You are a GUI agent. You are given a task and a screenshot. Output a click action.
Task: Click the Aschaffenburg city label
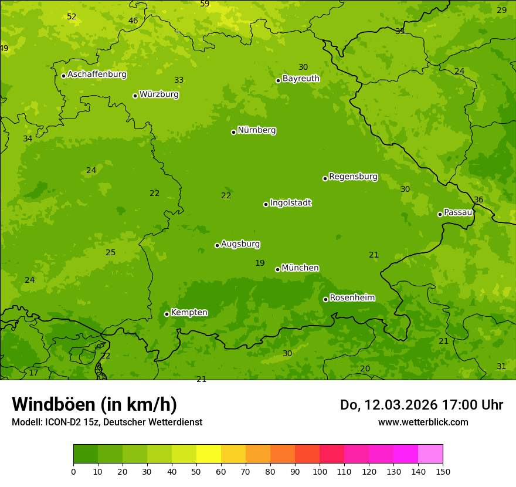[97, 75]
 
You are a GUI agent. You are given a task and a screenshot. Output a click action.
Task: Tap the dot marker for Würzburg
[135, 96]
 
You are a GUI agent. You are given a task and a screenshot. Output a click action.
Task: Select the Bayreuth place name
[301, 79]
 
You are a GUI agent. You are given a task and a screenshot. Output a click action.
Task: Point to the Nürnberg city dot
[233, 132]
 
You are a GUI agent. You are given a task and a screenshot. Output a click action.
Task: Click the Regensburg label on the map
[353, 177]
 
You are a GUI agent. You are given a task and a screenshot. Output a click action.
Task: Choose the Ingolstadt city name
[290, 203]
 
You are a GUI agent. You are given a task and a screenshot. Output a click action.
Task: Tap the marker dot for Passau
[440, 214]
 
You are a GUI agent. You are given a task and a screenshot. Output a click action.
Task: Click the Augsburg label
[240, 244]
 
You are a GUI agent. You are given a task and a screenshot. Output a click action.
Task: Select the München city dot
[277, 269]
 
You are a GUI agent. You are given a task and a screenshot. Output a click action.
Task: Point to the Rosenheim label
[352, 298]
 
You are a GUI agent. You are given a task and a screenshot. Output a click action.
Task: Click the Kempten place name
[189, 313]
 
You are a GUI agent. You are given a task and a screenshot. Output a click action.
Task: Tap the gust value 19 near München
[260, 263]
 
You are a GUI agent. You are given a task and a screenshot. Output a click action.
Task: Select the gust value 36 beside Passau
[478, 200]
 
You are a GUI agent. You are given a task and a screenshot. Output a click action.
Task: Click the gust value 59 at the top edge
[205, 4]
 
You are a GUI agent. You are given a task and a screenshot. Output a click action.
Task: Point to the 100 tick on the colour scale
[320, 471]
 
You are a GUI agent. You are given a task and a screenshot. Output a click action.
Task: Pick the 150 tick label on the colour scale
[443, 471]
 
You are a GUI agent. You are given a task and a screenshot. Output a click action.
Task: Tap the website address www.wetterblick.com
[423, 422]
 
